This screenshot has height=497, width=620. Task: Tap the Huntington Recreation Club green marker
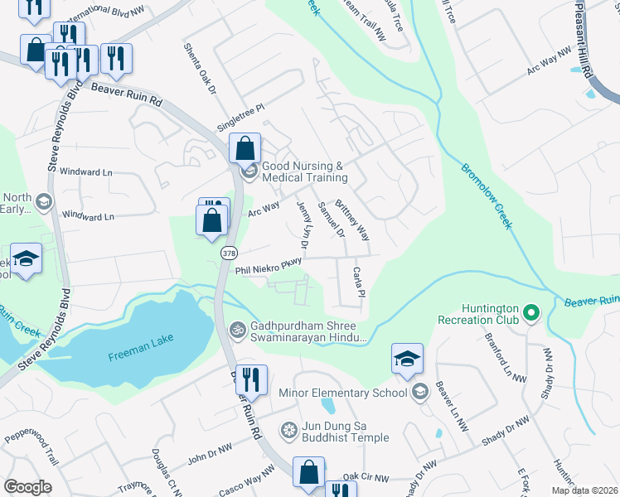532,314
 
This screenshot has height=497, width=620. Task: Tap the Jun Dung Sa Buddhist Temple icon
288,430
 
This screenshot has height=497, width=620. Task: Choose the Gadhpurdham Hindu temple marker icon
238,330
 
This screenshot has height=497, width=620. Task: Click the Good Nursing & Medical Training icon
249,172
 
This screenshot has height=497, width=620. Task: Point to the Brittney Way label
352,220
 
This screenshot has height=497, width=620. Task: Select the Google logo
27,487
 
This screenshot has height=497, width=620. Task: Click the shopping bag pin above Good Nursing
245,150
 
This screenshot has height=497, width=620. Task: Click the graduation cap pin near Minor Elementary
407,359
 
